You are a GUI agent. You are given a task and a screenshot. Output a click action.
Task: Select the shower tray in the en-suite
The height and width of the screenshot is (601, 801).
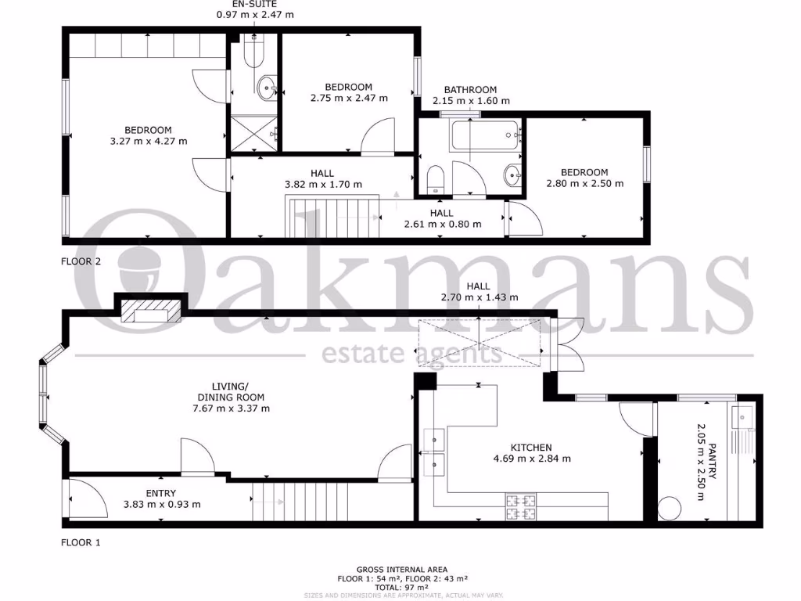[253, 133]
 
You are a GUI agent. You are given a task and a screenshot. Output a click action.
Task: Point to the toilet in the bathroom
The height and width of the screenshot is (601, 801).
[436, 179]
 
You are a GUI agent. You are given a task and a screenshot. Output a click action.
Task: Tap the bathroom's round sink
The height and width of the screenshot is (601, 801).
[512, 175]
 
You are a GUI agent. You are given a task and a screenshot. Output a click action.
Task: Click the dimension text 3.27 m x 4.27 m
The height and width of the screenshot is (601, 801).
[148, 141]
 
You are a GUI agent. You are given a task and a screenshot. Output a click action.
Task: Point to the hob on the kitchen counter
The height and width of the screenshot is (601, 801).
[521, 506]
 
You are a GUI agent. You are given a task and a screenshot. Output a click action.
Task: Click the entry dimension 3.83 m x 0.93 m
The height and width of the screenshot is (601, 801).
[161, 504]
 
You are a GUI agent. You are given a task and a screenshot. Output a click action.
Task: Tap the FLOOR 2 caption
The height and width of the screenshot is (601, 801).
[81, 262]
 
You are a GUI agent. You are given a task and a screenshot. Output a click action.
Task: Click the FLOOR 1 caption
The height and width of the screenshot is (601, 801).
[81, 542]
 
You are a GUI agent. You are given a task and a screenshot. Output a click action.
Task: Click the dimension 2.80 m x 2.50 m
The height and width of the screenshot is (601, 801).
[584, 184]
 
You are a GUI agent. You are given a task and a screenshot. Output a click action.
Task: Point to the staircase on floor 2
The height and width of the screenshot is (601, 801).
[332, 217]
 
